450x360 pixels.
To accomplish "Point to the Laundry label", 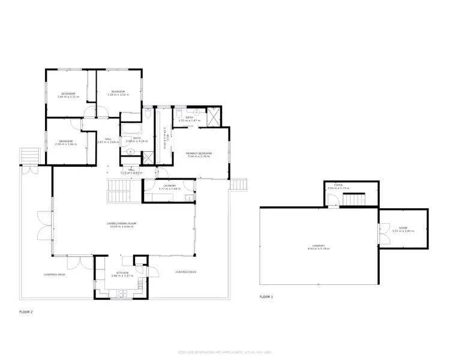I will tap(169, 185).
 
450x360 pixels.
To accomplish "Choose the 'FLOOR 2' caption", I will tap(26, 312).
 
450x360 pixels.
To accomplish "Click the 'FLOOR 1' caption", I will tap(266, 297).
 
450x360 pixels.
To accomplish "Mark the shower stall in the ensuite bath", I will tap(213, 115).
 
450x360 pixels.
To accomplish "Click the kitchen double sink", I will tap(122, 293).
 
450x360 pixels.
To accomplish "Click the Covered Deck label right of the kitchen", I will tap(185, 272).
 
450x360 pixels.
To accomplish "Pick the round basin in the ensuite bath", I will tap(197, 112).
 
